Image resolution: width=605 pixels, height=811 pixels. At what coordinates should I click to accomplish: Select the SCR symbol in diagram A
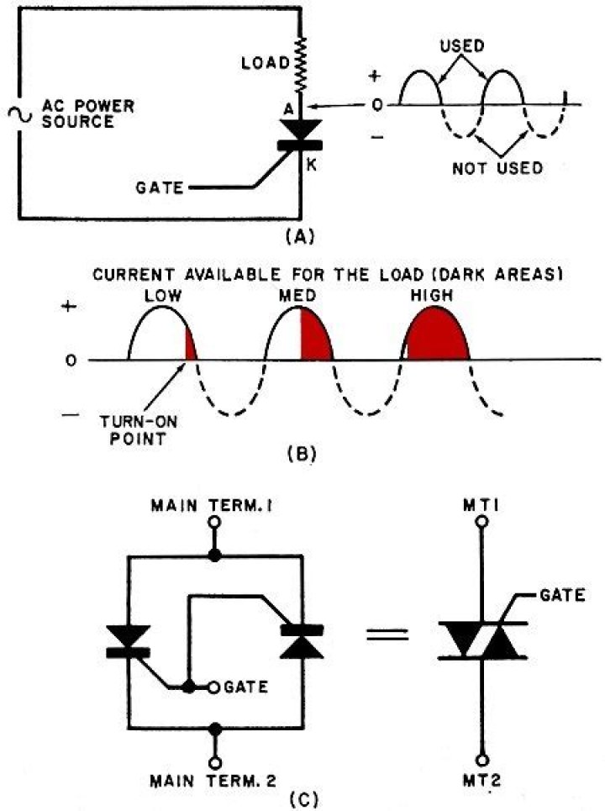click(x=300, y=134)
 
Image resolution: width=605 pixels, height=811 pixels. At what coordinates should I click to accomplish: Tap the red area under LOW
click(x=191, y=347)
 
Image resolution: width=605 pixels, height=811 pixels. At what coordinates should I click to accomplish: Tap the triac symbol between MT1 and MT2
click(x=481, y=640)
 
